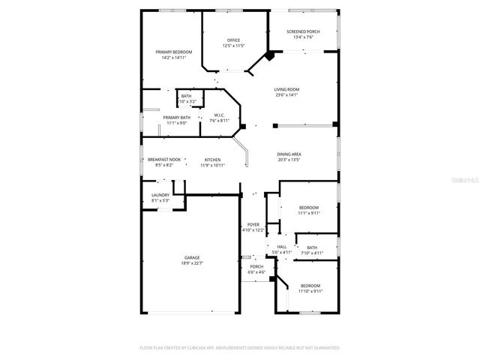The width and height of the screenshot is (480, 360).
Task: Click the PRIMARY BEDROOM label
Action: coord(174,52)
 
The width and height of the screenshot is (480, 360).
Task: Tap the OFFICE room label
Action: coord(233,40)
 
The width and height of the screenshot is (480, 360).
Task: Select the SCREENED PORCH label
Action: coord(303,31)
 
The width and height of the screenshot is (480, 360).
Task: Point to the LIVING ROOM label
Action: coord(286,89)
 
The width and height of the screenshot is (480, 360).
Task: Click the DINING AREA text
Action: coord(289,154)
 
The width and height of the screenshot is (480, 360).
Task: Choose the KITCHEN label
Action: coord(213,160)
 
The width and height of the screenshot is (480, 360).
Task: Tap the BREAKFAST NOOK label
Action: coord(163,160)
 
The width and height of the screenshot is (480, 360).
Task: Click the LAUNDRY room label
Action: coord(161,195)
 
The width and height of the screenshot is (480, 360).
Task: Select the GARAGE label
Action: coord(192,257)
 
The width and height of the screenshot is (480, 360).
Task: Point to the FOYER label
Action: coord(253,224)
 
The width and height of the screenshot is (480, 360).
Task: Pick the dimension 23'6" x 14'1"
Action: coord(286,95)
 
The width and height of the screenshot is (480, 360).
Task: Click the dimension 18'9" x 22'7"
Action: coord(192,263)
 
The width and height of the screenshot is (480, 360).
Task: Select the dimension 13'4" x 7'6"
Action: coord(303,37)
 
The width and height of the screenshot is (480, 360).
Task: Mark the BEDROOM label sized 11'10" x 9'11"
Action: coord(310,286)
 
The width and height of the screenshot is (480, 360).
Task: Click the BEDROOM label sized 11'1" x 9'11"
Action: coord(309,207)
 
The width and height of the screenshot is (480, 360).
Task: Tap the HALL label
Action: coord(282,247)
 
